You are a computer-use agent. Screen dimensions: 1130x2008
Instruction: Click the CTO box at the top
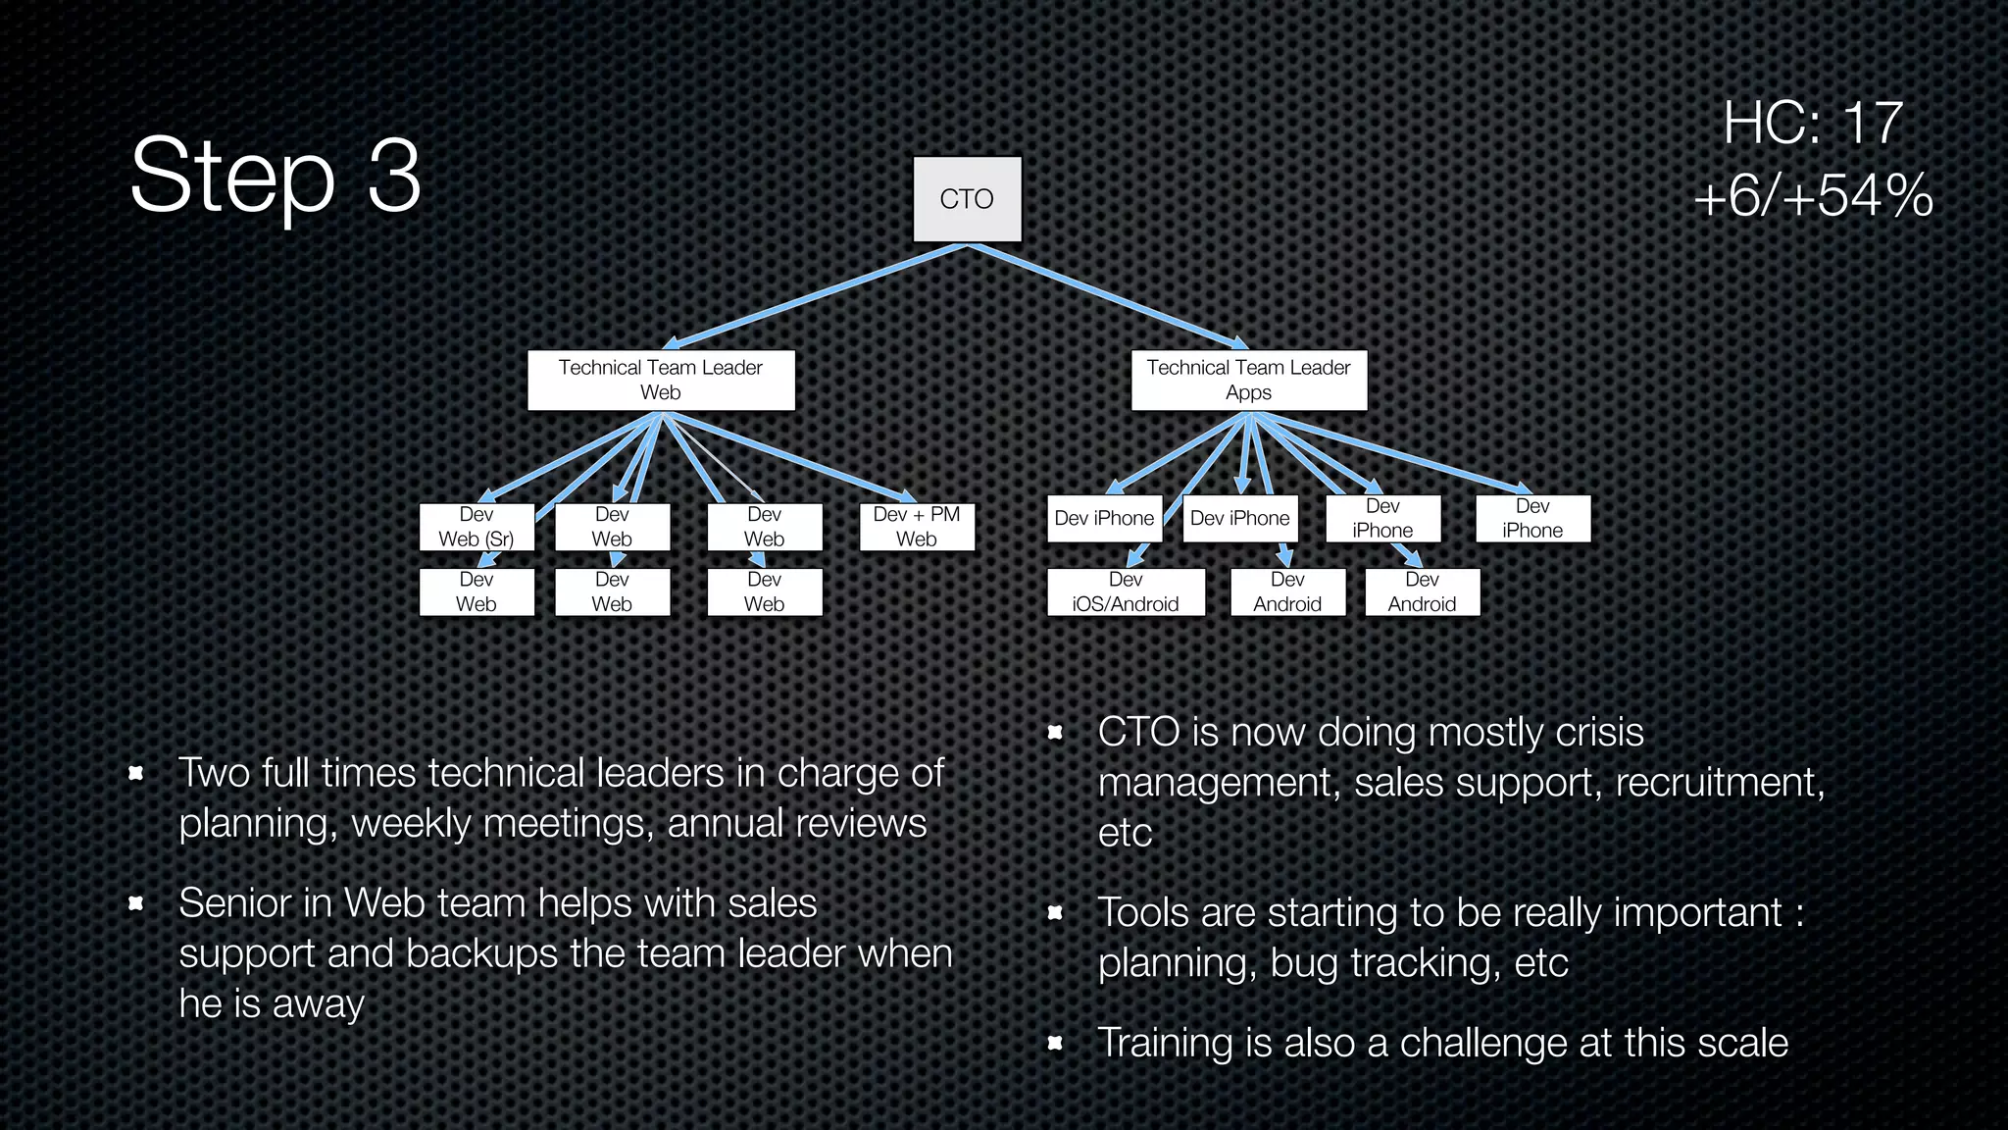[x=967, y=199]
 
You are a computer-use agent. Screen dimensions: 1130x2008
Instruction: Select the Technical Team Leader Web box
[x=661, y=380]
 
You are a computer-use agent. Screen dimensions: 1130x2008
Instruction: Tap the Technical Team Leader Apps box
[x=1248, y=380]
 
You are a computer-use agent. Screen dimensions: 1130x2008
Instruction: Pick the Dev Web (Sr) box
[x=477, y=527]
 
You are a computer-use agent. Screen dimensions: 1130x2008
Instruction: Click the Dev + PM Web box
[x=917, y=527]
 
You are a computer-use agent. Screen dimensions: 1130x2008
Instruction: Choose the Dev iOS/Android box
[x=1126, y=592]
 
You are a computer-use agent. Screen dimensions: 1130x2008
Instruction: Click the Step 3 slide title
[x=276, y=175]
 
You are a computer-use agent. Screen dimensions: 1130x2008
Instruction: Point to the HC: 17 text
[x=1813, y=124]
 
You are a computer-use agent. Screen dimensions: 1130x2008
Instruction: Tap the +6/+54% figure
[x=1813, y=195]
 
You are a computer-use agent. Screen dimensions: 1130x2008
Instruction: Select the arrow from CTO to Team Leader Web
[x=814, y=295]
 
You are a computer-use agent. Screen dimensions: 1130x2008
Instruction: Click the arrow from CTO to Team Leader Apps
[x=1108, y=295]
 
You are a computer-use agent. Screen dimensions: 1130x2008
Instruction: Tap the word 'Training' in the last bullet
[x=1163, y=1043]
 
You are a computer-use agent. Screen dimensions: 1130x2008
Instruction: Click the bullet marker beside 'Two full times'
[x=136, y=774]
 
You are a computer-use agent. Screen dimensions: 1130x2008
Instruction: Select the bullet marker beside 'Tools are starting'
[x=1055, y=913]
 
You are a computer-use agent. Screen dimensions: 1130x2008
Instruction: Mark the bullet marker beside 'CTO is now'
[x=1055, y=733]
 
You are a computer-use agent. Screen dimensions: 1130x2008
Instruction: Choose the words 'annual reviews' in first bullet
[x=796, y=824]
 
